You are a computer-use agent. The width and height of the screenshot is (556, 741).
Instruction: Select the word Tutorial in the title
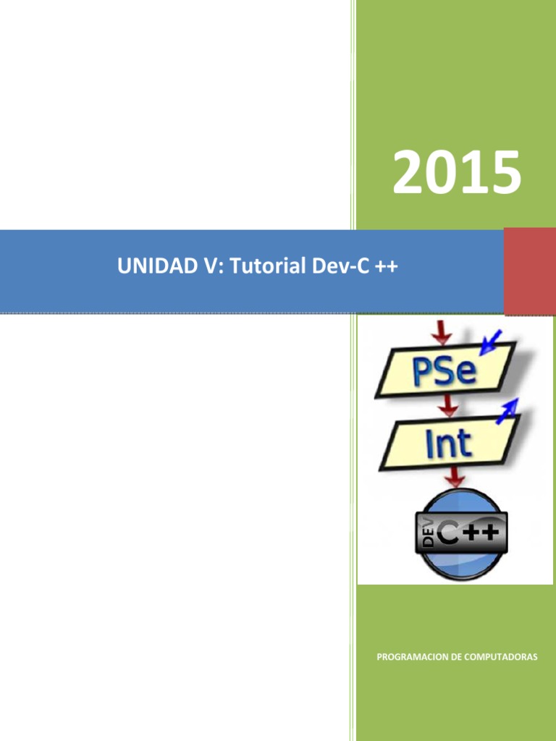coord(269,267)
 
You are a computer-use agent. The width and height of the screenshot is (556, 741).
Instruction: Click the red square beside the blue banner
coord(529,271)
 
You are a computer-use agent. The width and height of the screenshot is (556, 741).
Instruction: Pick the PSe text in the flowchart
coord(444,372)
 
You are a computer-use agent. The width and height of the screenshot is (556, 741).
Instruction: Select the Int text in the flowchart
coord(449,443)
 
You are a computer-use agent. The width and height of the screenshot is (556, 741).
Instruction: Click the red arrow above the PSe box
coord(442,332)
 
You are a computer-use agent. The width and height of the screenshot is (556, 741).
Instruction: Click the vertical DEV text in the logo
coord(428,535)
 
